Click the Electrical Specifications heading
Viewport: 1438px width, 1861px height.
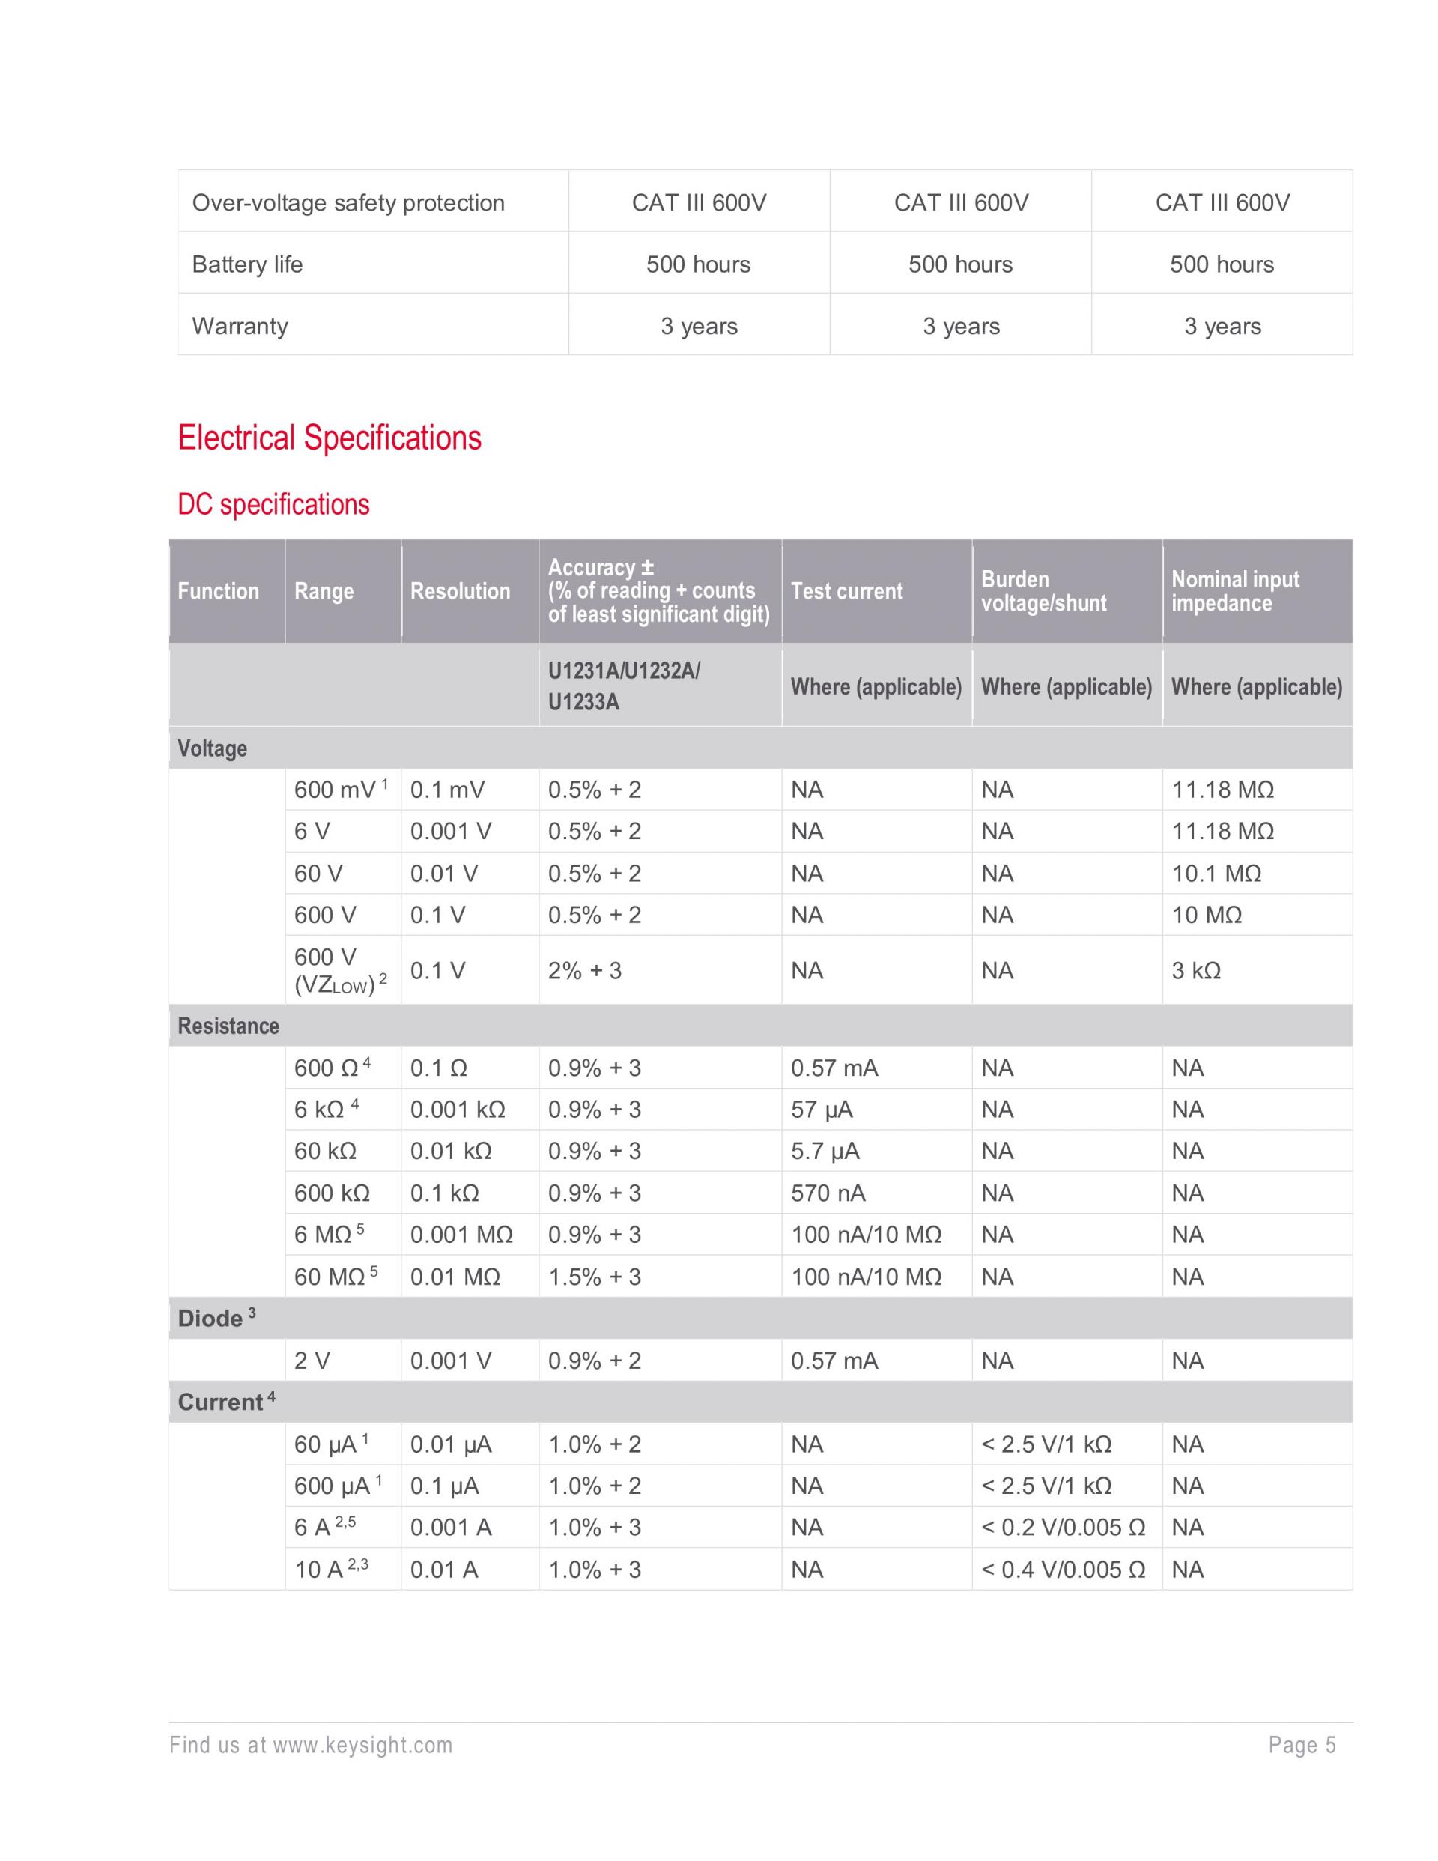(x=329, y=438)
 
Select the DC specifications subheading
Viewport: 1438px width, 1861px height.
(x=273, y=504)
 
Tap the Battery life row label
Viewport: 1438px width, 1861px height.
(x=247, y=264)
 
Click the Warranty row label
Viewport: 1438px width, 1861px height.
(x=240, y=327)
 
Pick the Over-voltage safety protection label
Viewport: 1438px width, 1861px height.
(x=348, y=203)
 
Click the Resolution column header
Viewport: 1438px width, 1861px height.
(x=460, y=591)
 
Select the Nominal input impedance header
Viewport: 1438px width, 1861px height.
(x=1234, y=591)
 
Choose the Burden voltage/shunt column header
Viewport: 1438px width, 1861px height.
(x=1043, y=591)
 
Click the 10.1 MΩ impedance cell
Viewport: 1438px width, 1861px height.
(x=1216, y=874)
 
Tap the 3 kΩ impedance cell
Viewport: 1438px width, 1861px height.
(x=1195, y=970)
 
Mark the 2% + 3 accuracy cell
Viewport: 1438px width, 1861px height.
(x=584, y=970)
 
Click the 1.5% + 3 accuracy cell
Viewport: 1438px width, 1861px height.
(x=594, y=1277)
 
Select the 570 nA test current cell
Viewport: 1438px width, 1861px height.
(x=827, y=1193)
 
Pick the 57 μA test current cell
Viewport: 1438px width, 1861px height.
(x=821, y=1110)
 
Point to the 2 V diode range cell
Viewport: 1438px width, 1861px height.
(x=312, y=1361)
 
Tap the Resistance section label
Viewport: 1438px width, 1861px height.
(x=228, y=1026)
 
